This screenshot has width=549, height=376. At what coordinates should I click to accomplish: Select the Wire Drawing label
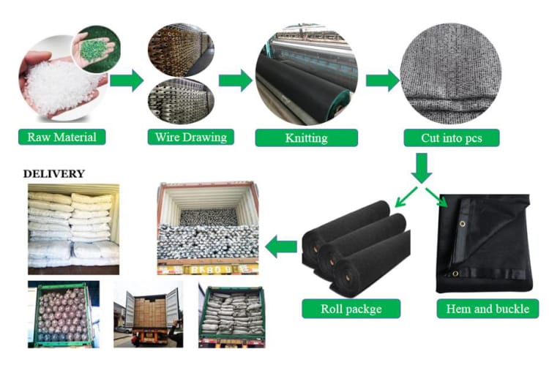click(x=190, y=137)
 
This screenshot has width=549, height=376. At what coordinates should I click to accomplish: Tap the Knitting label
click(x=306, y=138)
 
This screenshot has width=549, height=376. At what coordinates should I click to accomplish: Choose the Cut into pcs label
click(x=451, y=138)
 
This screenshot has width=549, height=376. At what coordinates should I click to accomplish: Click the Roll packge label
click(x=351, y=309)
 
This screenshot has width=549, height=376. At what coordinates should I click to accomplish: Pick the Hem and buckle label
click(x=488, y=309)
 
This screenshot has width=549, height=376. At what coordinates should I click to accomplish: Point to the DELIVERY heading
click(x=54, y=174)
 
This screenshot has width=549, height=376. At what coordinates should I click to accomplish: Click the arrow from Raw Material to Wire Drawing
click(x=127, y=80)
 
